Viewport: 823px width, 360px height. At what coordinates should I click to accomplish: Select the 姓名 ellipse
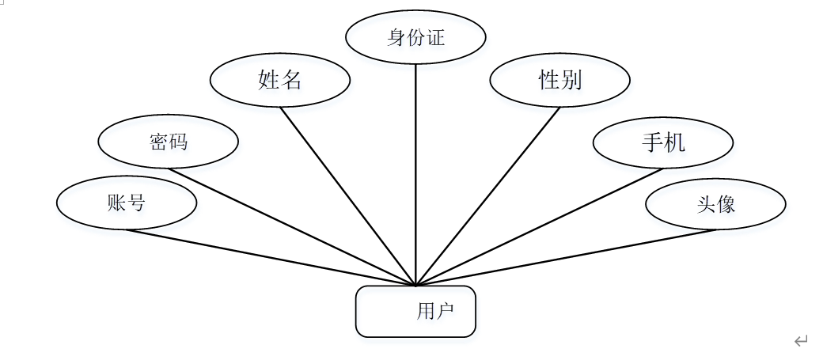[x=280, y=80]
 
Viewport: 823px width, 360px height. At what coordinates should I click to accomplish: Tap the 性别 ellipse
[x=559, y=80]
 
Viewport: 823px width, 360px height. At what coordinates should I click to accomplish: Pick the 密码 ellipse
[x=168, y=142]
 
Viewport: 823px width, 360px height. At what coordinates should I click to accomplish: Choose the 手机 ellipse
[x=663, y=142]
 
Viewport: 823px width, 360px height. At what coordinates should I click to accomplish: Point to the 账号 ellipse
[x=127, y=203]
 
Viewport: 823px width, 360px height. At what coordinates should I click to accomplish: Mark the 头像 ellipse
[x=715, y=204]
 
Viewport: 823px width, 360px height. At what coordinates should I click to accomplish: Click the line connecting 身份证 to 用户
[x=416, y=174]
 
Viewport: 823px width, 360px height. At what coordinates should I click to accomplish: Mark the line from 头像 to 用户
[x=566, y=257]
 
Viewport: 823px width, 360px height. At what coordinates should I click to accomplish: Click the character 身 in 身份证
[x=396, y=37]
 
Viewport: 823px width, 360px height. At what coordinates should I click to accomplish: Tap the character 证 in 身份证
[x=436, y=37]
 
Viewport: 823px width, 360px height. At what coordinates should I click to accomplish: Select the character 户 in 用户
[x=445, y=312]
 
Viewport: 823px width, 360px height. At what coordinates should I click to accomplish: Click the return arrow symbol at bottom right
[x=801, y=341]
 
